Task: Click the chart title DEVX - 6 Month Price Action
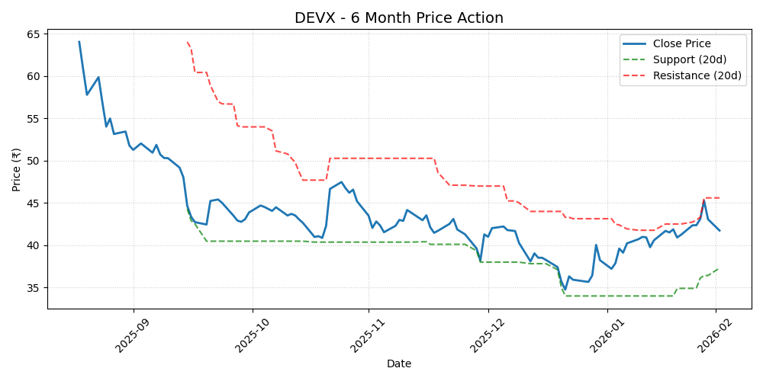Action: tap(398, 18)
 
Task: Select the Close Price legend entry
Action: tap(681, 44)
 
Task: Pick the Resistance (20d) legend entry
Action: tap(697, 75)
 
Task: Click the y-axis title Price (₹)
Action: tap(17, 169)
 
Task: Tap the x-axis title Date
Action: tap(398, 364)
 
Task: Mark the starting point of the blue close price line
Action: tap(79, 42)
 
